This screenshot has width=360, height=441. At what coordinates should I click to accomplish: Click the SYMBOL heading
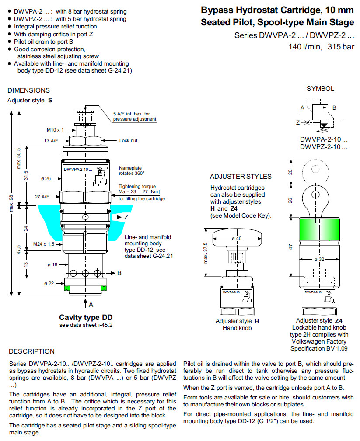(x=320, y=89)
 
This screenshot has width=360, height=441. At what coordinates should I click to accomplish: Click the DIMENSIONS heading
(x=28, y=90)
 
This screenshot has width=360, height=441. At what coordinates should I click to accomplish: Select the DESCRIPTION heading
(x=32, y=351)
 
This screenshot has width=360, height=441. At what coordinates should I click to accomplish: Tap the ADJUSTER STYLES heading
(x=241, y=177)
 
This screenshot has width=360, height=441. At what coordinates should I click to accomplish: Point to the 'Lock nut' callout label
(x=129, y=140)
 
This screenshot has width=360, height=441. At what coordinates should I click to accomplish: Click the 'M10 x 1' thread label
(x=55, y=130)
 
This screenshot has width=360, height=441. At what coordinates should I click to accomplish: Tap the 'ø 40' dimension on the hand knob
(x=236, y=238)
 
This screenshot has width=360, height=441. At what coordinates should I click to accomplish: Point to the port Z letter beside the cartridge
(x=126, y=217)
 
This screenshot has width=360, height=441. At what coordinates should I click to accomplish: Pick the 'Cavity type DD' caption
(x=86, y=317)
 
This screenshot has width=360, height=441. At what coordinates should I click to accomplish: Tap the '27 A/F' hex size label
(x=42, y=197)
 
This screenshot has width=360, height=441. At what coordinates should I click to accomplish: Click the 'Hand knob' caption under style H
(x=237, y=328)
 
